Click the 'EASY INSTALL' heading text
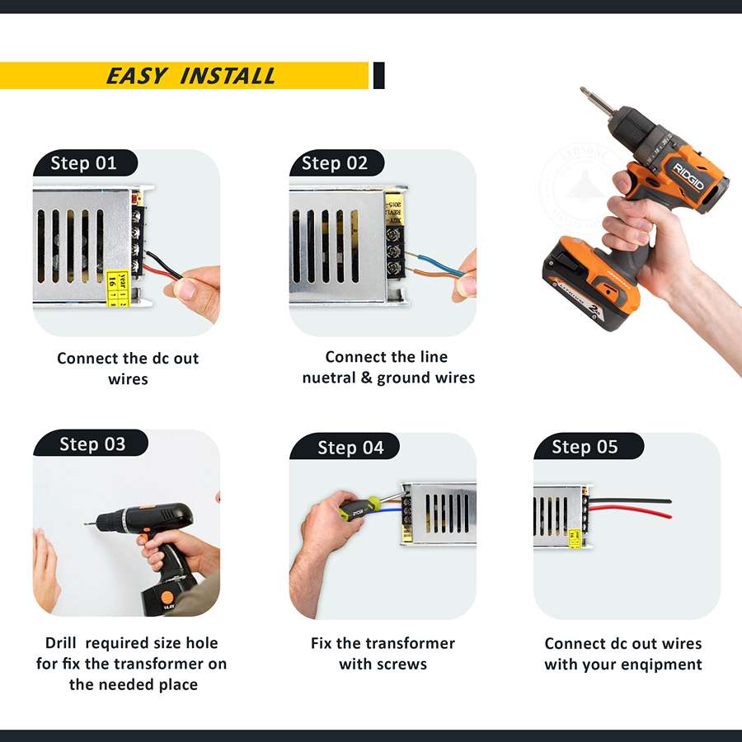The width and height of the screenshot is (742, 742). click(x=190, y=76)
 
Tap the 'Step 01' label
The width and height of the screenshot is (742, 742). click(x=83, y=162)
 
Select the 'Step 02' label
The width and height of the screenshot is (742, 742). click(x=334, y=162)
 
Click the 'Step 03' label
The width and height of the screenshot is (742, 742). click(x=92, y=444)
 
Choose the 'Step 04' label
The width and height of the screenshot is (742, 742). click(x=350, y=448)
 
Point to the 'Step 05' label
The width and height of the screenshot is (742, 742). click(x=584, y=447)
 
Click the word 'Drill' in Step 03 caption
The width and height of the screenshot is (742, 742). click(x=61, y=643)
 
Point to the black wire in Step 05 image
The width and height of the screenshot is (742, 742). click(x=635, y=500)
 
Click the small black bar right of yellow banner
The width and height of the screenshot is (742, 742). click(x=378, y=75)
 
